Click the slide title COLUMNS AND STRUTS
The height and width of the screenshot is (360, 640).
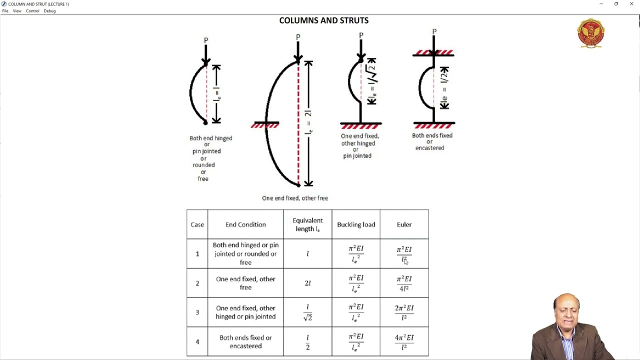pos(323,20)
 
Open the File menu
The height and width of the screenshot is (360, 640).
pos(5,11)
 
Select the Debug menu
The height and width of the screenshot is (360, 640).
pos(49,11)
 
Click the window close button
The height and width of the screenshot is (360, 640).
pos(631,4)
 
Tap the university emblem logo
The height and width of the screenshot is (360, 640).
pos(590,33)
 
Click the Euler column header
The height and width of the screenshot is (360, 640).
pos(404,224)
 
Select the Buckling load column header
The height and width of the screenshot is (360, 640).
pos(356,224)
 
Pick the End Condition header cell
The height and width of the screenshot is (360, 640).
pos(245,224)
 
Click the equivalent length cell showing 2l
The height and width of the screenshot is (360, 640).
pos(307,283)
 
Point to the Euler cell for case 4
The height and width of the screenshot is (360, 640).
pos(404,341)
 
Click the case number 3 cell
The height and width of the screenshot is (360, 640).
pos(197,312)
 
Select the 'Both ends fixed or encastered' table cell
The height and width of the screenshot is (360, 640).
pos(245,341)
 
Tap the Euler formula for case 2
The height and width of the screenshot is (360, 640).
pos(404,283)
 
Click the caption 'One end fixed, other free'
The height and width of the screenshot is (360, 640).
pos(295,198)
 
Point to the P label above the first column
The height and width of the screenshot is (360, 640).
pos(205,40)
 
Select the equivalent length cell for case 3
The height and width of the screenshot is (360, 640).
pos(307,312)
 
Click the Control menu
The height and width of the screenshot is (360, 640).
pos(32,11)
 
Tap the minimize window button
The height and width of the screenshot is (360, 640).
pos(601,4)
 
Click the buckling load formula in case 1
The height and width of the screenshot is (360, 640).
pos(356,253)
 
